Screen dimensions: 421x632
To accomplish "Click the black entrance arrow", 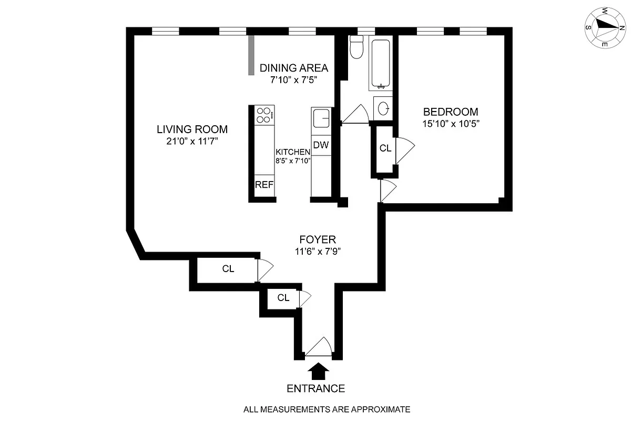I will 318,372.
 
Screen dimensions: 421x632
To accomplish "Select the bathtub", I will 380,63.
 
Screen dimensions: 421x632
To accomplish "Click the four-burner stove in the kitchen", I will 264,115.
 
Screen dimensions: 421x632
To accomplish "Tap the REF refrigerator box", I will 264,185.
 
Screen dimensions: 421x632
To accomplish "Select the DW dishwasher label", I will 320,145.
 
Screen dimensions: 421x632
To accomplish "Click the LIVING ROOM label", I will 192,129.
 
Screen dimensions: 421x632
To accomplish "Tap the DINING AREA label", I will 294,68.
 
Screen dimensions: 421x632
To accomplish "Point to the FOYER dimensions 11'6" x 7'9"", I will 315,252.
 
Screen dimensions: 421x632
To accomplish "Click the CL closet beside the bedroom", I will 385,148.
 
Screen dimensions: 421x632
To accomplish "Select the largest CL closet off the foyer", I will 227,269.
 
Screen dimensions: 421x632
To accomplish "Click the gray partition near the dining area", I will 251,55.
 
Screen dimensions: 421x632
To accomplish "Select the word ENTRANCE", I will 315,389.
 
